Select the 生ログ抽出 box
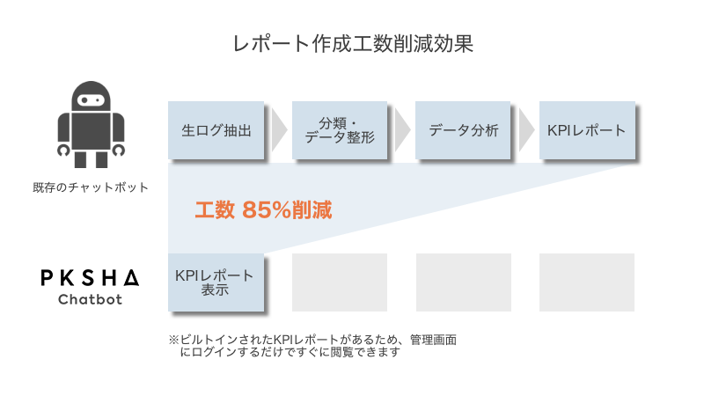click(216, 131)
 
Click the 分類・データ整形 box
click(340, 131)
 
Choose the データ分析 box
click(464, 131)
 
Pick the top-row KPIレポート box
click(586, 131)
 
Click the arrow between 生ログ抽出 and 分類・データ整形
click(278, 131)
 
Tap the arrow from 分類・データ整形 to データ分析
click(402, 131)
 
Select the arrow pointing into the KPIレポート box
click(526, 131)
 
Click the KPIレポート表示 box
click(216, 282)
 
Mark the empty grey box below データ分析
click(464, 282)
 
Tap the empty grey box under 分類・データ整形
click(340, 282)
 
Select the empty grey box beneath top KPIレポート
click(586, 282)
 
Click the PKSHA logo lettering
click(90, 278)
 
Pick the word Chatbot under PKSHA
click(90, 300)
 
